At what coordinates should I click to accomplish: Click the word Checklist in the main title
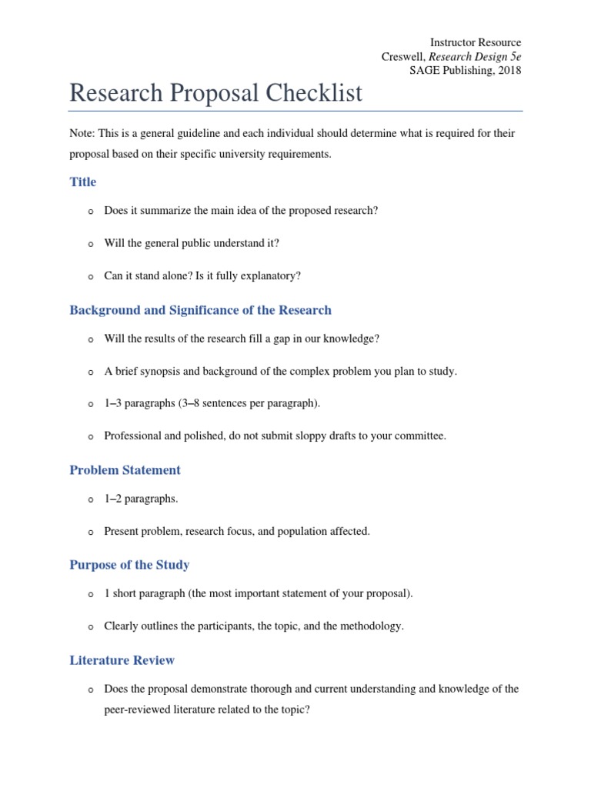point(315,94)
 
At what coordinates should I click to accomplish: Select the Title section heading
point(83,182)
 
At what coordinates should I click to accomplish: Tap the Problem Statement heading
point(125,470)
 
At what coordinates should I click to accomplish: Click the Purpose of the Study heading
point(129,565)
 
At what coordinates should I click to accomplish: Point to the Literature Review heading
point(122,660)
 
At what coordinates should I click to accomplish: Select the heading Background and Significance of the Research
point(200,311)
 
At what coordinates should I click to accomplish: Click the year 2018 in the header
point(509,70)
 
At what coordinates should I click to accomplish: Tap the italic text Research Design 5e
point(475,56)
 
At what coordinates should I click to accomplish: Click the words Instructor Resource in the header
point(476,42)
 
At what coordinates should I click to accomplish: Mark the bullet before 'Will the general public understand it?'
point(90,244)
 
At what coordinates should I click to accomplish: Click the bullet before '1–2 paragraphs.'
point(90,499)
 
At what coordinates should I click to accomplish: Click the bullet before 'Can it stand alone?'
point(90,276)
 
